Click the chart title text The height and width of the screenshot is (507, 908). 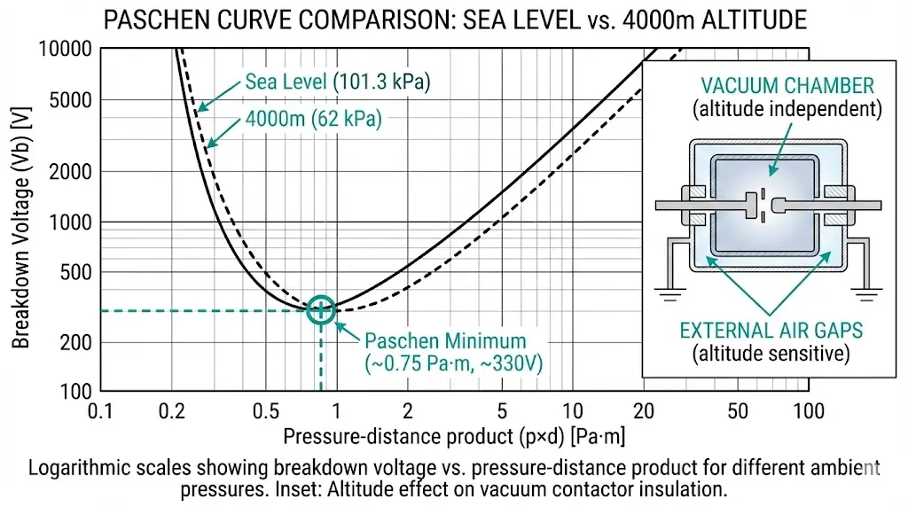pyautogui.click(x=453, y=19)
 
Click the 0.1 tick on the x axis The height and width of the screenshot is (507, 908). pyautogui.click(x=101, y=410)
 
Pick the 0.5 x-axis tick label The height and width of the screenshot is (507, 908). pyautogui.click(x=265, y=410)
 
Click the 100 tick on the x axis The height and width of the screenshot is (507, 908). pyautogui.click(x=806, y=410)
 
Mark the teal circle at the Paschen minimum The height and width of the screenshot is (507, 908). pyautogui.click(x=321, y=309)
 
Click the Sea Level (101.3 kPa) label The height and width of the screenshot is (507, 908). pyautogui.click(x=337, y=86)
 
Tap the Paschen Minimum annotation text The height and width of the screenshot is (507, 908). pyautogui.click(x=445, y=341)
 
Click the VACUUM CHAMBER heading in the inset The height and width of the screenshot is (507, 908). pyautogui.click(x=787, y=86)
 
